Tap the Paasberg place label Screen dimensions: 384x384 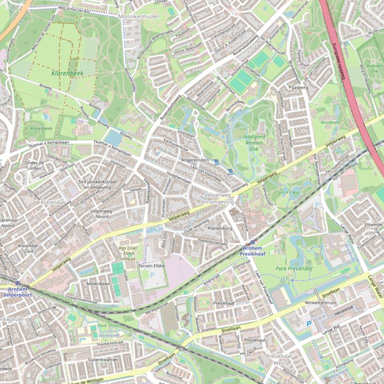(x=299, y=87)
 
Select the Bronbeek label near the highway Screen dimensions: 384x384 (x=330, y=122)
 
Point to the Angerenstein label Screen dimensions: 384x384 (x=194, y=160)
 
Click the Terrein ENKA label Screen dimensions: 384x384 (x=152, y=266)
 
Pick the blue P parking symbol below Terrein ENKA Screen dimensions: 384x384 (x=152, y=275)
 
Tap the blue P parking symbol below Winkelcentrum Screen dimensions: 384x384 (x=309, y=324)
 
